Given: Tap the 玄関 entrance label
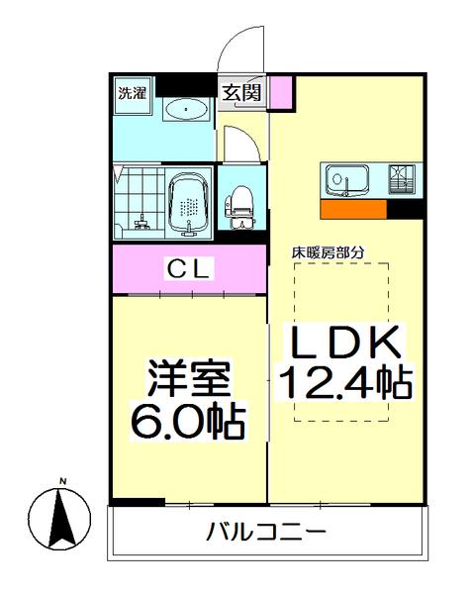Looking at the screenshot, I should point(240,94).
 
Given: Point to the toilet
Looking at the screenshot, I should point(238,205).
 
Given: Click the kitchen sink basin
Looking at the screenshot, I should point(346,181).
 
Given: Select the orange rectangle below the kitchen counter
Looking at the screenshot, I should point(353,209).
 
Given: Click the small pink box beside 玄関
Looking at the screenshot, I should point(281,93).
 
